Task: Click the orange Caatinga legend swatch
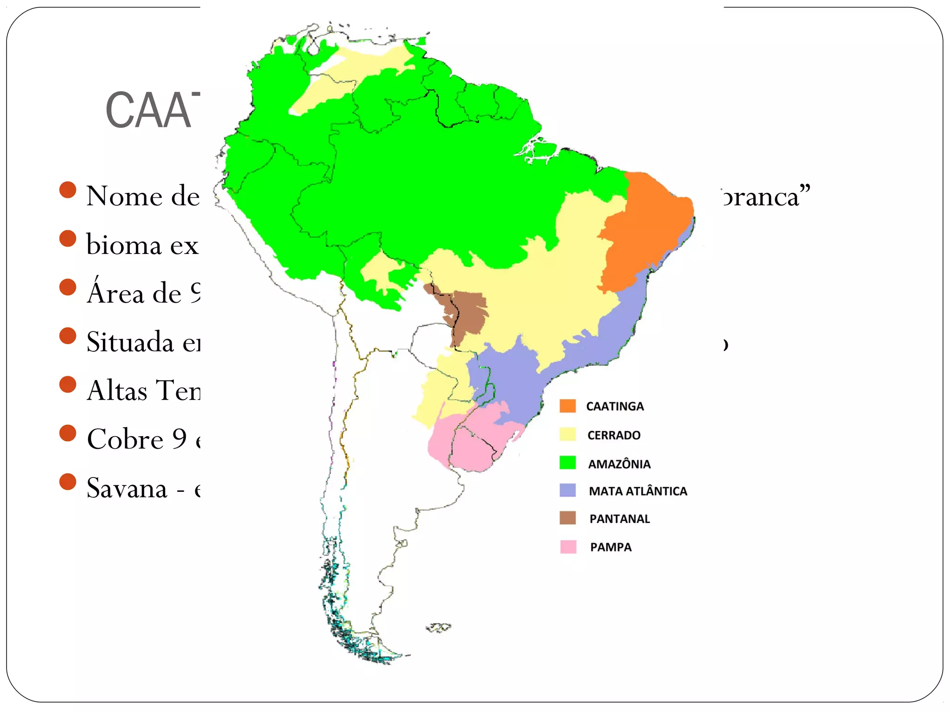[x=567, y=406]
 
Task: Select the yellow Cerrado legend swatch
[x=567, y=434]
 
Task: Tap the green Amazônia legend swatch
[x=567, y=463]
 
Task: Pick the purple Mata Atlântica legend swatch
[x=567, y=490]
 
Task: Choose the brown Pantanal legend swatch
[x=567, y=518]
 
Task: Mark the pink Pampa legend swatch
[x=568, y=547]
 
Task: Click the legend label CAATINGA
[x=615, y=407]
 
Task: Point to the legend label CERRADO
[x=614, y=435]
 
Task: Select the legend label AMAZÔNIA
[x=619, y=464]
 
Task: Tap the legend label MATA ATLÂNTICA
[x=638, y=491]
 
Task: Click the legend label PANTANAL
[x=620, y=519]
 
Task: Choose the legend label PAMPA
[x=610, y=547]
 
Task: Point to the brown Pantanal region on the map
[x=466, y=311]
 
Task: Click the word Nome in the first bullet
[x=124, y=196]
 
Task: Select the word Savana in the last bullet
[x=127, y=489]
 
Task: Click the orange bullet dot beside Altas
[x=68, y=385]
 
